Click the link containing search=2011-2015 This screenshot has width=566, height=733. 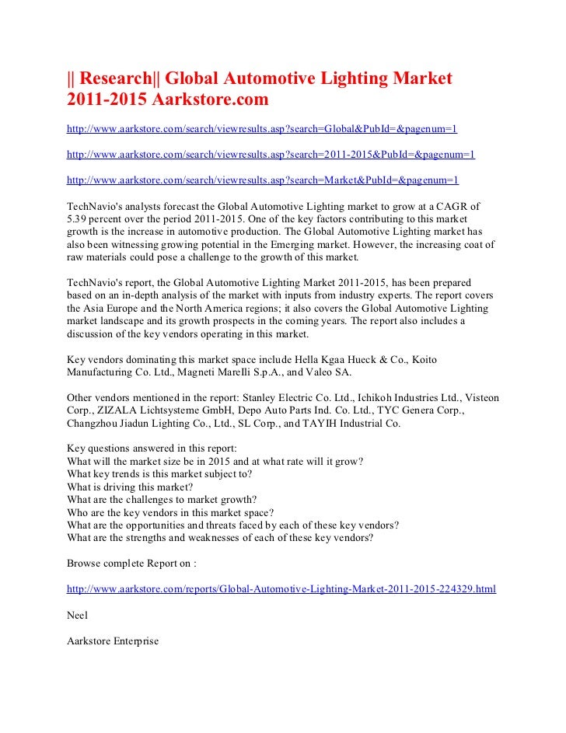(x=271, y=155)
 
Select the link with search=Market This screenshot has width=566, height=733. (x=263, y=180)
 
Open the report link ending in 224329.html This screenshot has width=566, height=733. (x=281, y=589)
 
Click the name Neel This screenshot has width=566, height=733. (x=78, y=615)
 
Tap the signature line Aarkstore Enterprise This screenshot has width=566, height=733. (x=113, y=641)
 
